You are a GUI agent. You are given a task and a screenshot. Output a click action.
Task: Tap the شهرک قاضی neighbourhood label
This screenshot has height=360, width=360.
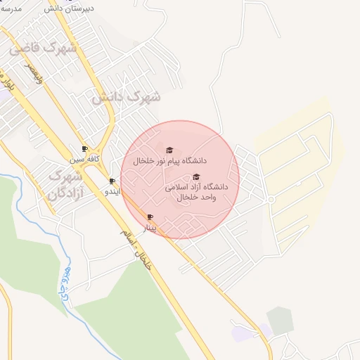44,49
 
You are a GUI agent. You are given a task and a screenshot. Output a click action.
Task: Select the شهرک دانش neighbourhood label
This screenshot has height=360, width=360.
126,96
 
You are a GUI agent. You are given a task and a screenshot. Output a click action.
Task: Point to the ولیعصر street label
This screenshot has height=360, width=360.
35,74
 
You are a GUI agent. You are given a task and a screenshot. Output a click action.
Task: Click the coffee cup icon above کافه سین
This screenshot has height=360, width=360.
85,149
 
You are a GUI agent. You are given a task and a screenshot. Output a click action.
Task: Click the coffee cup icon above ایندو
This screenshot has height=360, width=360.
112,181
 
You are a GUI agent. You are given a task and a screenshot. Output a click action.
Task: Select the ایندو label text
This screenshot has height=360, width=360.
112,191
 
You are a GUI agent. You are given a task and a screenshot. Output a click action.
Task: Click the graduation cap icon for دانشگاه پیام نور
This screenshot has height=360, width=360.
168,150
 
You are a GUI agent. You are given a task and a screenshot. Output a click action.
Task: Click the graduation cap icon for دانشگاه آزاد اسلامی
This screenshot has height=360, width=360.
196,177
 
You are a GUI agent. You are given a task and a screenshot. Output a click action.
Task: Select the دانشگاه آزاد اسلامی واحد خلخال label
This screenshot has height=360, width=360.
197,193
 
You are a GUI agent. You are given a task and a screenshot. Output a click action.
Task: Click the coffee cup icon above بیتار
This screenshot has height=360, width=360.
149,217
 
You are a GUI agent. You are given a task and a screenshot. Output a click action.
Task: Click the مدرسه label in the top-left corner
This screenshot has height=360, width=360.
10,8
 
